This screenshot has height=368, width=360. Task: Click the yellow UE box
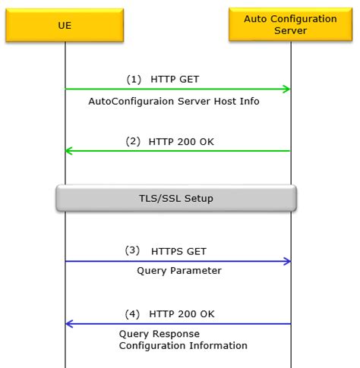pos(65,25)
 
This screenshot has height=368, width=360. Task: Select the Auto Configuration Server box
pos(290,25)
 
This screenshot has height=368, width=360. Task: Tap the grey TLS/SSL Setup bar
pos(175,198)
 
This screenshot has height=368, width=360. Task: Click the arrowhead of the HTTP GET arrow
pos(286,90)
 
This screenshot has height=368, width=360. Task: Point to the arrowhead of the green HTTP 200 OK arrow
pos(69,151)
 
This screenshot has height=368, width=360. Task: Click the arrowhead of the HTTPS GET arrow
pos(286,262)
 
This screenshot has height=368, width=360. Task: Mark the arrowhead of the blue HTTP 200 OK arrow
pos(69,324)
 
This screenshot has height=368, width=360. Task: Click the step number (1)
pos(134,79)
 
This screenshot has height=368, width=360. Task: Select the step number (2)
pos(134,140)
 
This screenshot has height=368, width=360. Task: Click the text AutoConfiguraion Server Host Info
pos(174,101)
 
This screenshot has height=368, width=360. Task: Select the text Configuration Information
pos(183,346)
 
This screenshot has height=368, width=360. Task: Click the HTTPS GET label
pos(178,251)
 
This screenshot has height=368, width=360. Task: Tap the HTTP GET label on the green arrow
pos(175,79)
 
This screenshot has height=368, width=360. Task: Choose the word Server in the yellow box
pos(290,31)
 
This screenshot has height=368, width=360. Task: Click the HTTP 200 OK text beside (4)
pos(182,313)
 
